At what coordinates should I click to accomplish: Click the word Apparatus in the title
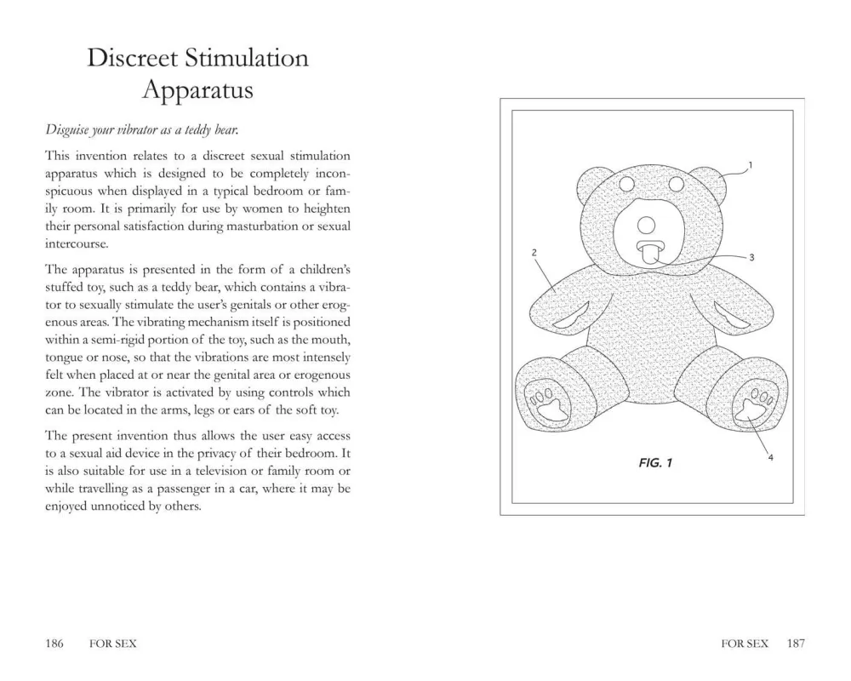pyautogui.click(x=197, y=89)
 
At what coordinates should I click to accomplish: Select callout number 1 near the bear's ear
pyautogui.click(x=751, y=163)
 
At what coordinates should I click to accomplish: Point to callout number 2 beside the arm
pyautogui.click(x=533, y=253)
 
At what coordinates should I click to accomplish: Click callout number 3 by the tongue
pyautogui.click(x=752, y=256)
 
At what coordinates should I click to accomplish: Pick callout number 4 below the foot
pyautogui.click(x=770, y=457)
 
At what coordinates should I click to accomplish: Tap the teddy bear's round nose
pyautogui.click(x=646, y=225)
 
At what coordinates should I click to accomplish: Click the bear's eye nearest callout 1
pyautogui.click(x=677, y=184)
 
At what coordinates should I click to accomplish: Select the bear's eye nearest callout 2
pyautogui.click(x=626, y=184)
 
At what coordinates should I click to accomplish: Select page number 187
pyautogui.click(x=796, y=644)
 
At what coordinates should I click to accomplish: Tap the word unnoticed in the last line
pyautogui.click(x=115, y=506)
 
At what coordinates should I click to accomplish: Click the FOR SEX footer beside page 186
pyautogui.click(x=112, y=644)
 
